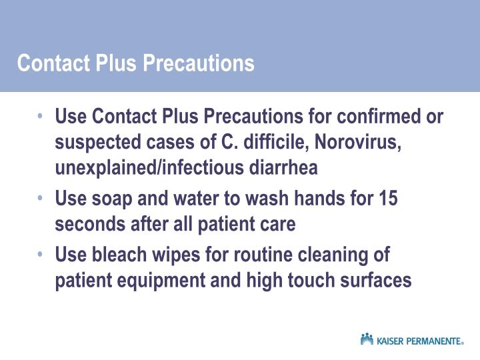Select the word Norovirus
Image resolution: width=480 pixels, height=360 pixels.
point(361,143)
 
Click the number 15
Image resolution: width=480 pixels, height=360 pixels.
point(388,199)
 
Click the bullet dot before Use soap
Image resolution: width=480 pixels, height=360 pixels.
point(41,198)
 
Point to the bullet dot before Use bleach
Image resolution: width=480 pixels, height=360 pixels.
point(41,254)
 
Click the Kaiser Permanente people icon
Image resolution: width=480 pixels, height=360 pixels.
point(367,339)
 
